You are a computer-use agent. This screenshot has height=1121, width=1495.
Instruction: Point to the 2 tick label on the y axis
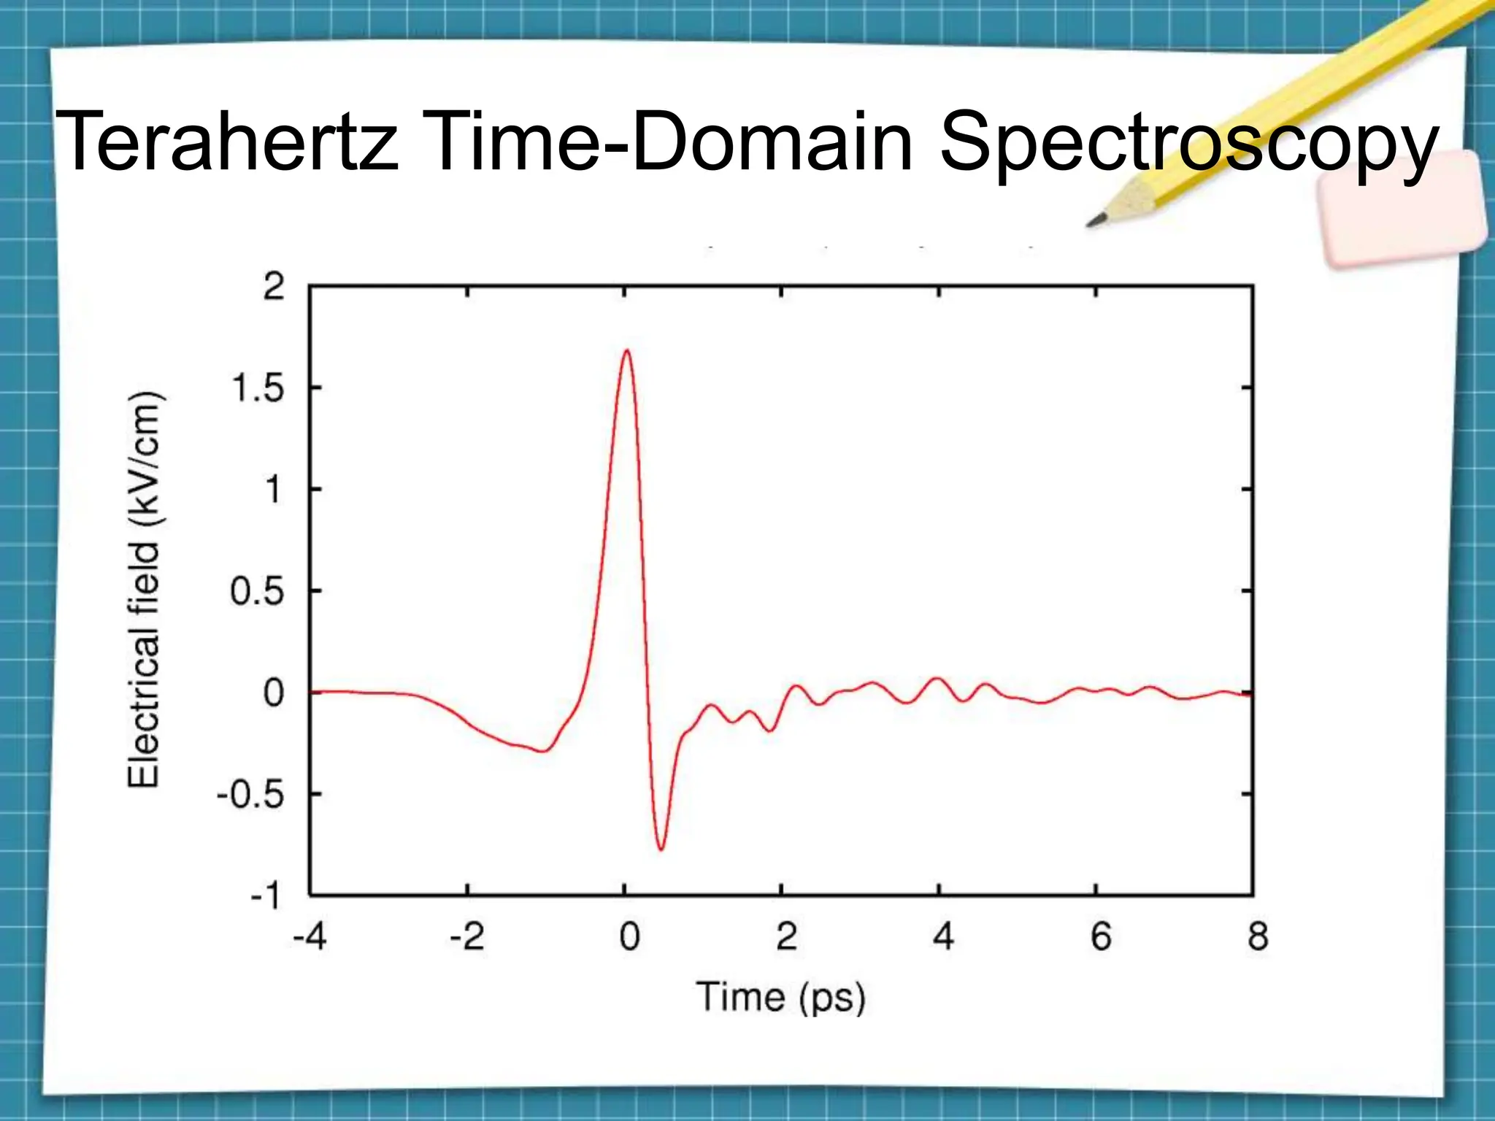coord(273,287)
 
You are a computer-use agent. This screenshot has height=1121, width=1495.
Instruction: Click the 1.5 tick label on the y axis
coord(257,388)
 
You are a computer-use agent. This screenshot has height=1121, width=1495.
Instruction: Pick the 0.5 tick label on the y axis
coord(257,591)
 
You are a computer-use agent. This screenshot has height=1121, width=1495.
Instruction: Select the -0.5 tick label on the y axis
coord(250,795)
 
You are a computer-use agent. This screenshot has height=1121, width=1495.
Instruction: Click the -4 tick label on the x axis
coord(310,936)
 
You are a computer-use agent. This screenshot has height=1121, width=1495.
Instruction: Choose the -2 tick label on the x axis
coord(466,936)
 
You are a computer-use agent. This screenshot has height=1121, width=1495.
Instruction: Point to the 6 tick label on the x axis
coord(1101,936)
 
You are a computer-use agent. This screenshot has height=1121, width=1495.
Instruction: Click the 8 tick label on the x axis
coord(1258,936)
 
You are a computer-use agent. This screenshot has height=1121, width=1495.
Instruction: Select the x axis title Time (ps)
coord(780,998)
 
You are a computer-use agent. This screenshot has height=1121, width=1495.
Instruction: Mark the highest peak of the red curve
coord(626,351)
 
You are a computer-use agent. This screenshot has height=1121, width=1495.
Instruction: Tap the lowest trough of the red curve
coord(661,850)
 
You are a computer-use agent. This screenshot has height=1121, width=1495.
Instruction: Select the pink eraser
coord(1402,209)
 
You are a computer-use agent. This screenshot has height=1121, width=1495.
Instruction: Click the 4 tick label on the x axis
coord(943,936)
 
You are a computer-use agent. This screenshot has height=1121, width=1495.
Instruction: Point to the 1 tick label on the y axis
coord(273,490)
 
